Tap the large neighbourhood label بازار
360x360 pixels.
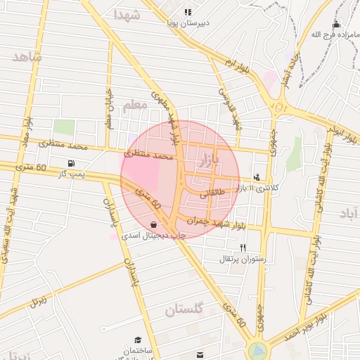point(210,155)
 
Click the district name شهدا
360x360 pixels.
point(127,15)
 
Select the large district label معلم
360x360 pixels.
point(136,106)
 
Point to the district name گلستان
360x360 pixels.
point(184,309)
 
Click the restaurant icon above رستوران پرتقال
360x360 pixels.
point(243,247)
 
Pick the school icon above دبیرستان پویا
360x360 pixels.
point(188,12)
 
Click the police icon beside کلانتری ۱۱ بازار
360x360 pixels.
point(257,177)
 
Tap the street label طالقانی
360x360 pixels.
point(214,193)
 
